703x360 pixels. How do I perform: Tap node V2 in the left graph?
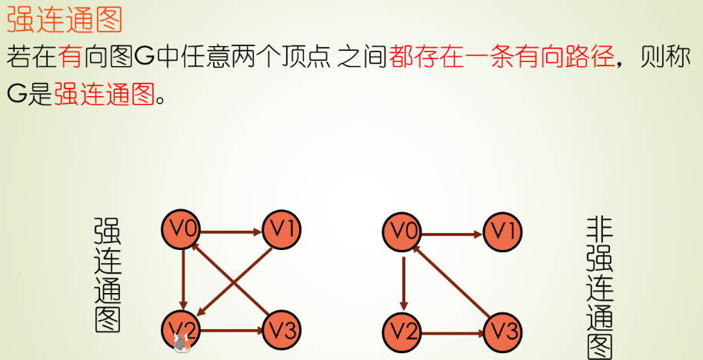click(182, 331)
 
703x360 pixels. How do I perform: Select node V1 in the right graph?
click(503, 230)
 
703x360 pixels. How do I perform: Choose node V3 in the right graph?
click(503, 332)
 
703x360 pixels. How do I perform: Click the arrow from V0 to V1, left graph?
click(232, 229)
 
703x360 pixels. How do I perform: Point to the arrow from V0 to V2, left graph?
click(183, 279)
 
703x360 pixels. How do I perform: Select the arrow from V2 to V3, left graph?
click(232, 331)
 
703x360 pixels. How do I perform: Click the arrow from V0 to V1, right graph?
click(454, 233)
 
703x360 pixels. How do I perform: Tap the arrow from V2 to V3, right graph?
click(454, 332)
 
